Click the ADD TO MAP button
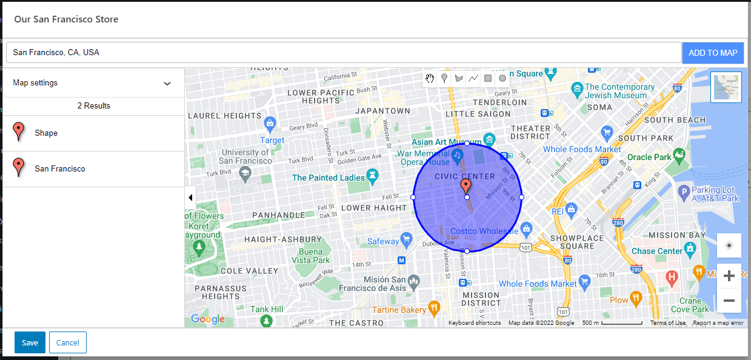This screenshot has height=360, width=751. [x=713, y=53]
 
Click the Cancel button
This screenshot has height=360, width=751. [x=68, y=342]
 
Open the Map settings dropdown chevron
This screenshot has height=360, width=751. [x=167, y=84]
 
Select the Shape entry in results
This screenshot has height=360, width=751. [x=46, y=133]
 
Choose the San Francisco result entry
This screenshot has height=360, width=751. [x=60, y=168]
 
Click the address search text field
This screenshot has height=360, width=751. [x=343, y=53]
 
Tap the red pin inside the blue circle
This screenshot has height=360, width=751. [x=466, y=185]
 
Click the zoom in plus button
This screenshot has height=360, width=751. [x=729, y=276]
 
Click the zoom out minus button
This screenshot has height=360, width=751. [x=729, y=301]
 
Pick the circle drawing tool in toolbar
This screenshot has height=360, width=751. [x=502, y=78]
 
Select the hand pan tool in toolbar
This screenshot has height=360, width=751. [x=430, y=78]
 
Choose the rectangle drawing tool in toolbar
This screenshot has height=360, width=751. [x=488, y=78]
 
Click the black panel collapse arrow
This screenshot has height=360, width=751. [x=190, y=198]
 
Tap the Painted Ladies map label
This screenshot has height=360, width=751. [x=329, y=178]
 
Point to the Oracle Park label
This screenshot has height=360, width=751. [x=649, y=157]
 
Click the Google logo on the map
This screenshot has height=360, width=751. [x=207, y=319]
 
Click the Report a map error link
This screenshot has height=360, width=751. [x=718, y=323]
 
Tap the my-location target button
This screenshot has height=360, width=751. [x=729, y=245]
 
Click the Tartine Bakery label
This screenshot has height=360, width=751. [x=399, y=310]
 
